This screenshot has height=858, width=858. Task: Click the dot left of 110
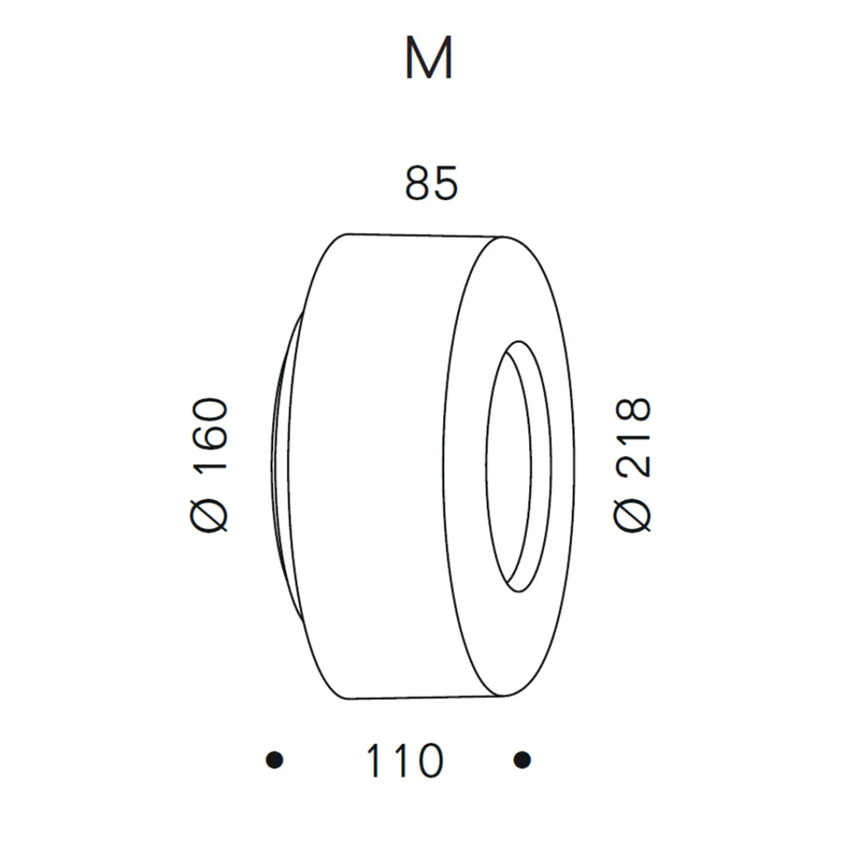(274, 759)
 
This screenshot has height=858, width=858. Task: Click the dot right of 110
(522, 759)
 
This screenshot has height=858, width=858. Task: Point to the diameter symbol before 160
(212, 513)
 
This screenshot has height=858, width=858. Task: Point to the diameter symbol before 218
(633, 513)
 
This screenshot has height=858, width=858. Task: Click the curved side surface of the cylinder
(379, 465)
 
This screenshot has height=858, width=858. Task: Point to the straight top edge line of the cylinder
(425, 234)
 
